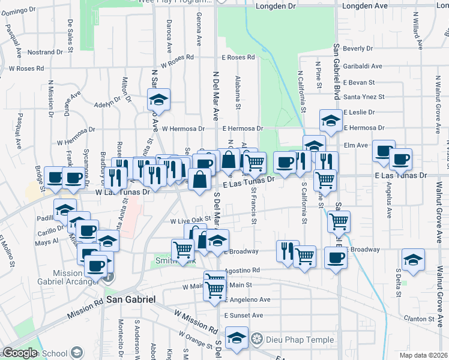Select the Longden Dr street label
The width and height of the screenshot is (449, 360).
tap(276, 7)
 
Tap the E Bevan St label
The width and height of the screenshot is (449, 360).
tap(359, 82)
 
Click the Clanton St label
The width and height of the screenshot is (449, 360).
tap(418, 319)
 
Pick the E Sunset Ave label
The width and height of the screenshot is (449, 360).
tap(243, 315)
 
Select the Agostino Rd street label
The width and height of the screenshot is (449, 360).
tap(242, 271)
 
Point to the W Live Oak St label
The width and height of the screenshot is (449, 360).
tap(191, 221)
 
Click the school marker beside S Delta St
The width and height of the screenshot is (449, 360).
tap(413, 259)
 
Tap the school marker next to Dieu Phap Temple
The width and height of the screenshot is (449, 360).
tap(237, 338)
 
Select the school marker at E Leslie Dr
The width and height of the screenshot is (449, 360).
tap(330, 121)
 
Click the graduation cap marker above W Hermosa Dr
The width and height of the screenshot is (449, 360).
tap(159, 99)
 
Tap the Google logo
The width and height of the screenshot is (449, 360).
tap(20, 353)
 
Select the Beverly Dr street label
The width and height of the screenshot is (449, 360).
tap(358, 48)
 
